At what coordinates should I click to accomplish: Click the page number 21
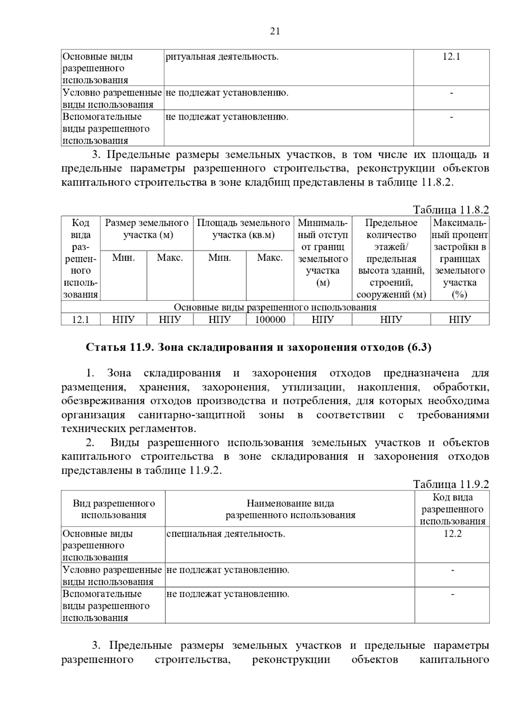[275, 31]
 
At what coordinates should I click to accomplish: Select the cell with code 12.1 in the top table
[451, 57]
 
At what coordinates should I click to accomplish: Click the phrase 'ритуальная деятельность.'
[222, 57]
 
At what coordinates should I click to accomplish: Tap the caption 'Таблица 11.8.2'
[451, 210]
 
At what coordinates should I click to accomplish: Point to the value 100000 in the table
[270, 319]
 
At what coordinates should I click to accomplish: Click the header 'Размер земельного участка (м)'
[146, 229]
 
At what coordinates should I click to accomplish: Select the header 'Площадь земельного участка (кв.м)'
[243, 229]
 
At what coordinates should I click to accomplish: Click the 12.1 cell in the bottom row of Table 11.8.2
[81, 319]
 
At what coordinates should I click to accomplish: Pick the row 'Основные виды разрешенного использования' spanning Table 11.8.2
[275, 307]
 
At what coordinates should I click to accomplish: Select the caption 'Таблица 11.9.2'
[451, 484]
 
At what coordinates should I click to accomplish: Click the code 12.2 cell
[452, 534]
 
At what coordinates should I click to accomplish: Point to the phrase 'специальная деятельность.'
[225, 534]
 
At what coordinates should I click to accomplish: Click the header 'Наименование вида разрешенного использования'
[290, 509]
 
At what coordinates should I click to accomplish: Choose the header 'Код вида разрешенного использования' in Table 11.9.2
[452, 509]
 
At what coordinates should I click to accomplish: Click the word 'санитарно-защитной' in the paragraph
[191, 415]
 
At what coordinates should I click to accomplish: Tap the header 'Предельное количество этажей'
[391, 235]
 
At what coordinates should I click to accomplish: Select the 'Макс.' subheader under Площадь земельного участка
[269, 258]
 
